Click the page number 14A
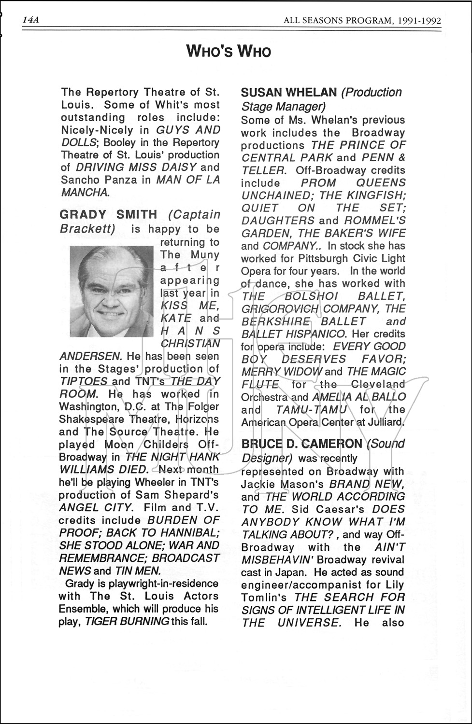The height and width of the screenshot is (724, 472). [x=30, y=20]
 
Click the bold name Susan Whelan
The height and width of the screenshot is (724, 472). [x=288, y=92]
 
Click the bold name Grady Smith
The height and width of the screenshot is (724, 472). [x=108, y=214]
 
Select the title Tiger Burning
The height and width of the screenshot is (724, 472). [x=127, y=622]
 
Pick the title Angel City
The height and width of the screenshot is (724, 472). [x=95, y=508]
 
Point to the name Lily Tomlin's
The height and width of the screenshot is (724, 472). [x=264, y=598]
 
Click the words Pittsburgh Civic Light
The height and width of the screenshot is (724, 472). [x=340, y=258]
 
